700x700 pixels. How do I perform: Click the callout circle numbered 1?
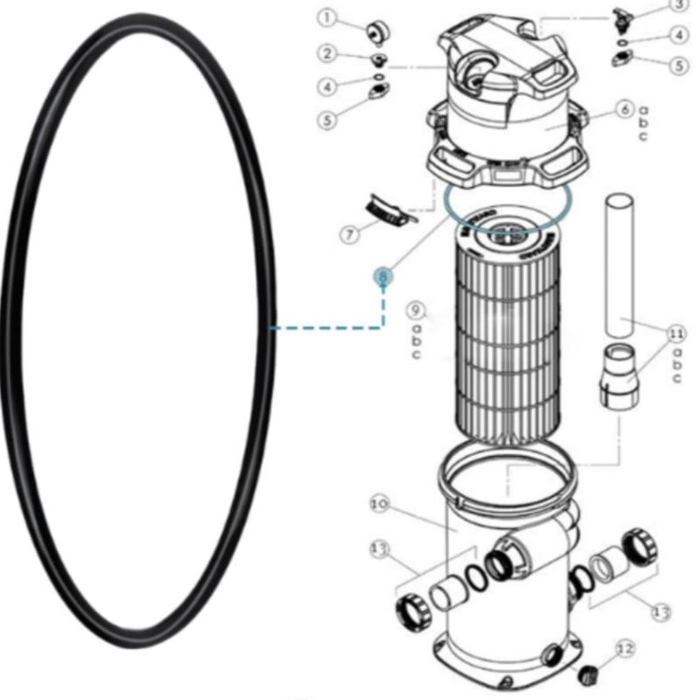pyautogui.click(x=326, y=17)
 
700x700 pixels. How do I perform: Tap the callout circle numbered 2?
pyautogui.click(x=327, y=54)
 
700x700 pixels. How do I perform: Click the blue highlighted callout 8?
pyautogui.click(x=382, y=276)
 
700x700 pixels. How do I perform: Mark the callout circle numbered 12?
pyautogui.click(x=623, y=649)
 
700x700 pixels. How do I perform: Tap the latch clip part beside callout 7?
pyautogui.click(x=388, y=211)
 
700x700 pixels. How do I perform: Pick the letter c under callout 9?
pyautogui.click(x=416, y=354)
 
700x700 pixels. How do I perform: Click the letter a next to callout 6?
pyautogui.click(x=643, y=109)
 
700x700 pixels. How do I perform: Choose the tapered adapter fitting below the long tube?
pyautogui.click(x=619, y=376)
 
